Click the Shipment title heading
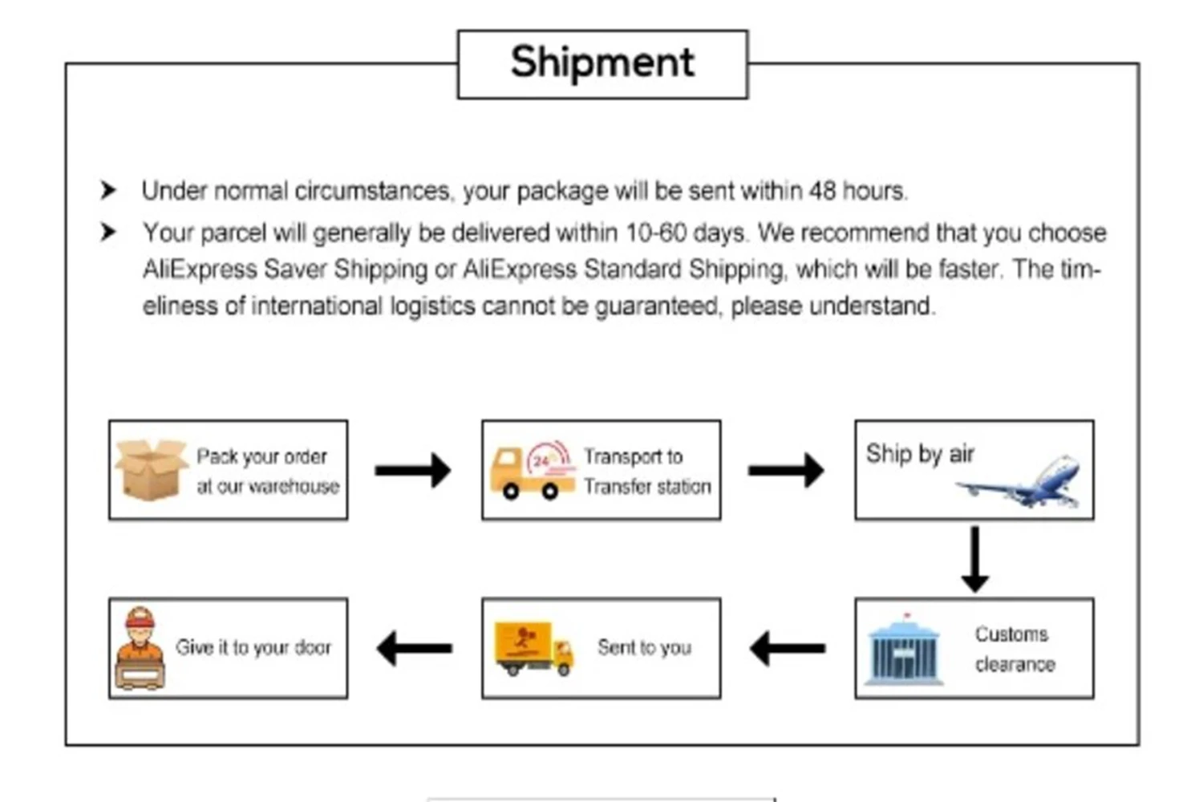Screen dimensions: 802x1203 tap(602, 63)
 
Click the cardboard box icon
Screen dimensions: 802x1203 tap(150, 470)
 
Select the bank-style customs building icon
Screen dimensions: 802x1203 tap(905, 650)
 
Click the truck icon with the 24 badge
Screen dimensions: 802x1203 tap(532, 471)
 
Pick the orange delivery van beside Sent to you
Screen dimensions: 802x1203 tap(534, 648)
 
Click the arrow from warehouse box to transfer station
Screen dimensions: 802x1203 tap(413, 470)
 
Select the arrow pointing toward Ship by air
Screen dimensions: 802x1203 tap(786, 470)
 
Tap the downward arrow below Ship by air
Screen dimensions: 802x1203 tap(974, 559)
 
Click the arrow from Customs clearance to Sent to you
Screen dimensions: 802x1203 tap(787, 648)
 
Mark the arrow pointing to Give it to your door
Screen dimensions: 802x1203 tap(414, 648)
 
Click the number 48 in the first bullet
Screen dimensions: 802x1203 tap(822, 191)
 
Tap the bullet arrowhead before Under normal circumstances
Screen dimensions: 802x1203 tap(108, 190)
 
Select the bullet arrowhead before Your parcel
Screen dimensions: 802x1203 tap(108, 233)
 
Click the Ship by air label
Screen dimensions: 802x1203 tap(920, 454)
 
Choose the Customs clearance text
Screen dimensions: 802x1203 tap(1014, 649)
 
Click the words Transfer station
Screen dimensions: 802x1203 tap(647, 487)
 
